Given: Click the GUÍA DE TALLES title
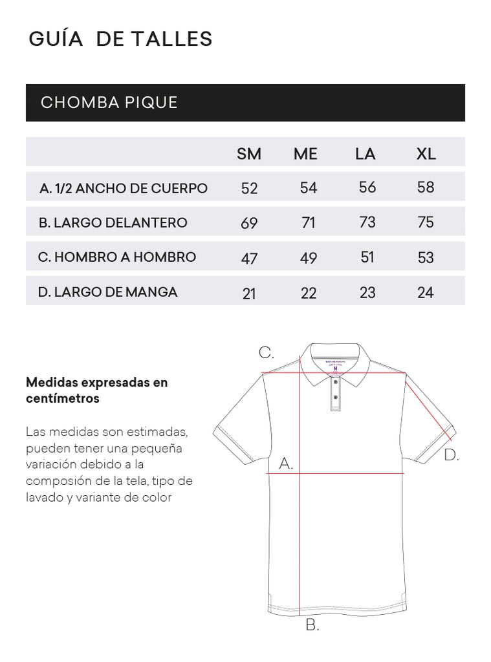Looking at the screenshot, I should pos(120,39).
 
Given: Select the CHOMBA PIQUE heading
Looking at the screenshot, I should pos(109,103).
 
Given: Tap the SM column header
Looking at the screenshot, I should pos(249,154).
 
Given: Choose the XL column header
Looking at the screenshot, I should pos(426,154).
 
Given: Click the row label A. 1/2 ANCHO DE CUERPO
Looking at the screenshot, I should pos(124,188).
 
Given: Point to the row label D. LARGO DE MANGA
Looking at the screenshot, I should pos(107,292).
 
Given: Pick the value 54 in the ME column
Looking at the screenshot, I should pos(309,188).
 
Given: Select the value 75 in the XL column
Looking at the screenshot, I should pos(426,222).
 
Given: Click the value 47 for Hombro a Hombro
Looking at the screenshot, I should pos(249,258).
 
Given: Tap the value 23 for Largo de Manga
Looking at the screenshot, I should pos(367,292).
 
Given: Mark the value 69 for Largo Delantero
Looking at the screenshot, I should pos(249,223).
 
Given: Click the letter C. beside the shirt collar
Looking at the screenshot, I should pos(267,353).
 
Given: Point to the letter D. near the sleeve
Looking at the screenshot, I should pos(451,455).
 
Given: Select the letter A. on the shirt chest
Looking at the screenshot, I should pos(286,464).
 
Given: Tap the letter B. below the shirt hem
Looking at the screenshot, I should pos(312,625).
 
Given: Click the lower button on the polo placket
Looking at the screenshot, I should pos(335,396).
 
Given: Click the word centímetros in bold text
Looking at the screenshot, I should pos(63,399).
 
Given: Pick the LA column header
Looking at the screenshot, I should pos(366,154).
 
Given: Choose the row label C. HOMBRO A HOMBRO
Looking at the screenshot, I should pos(117,257).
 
